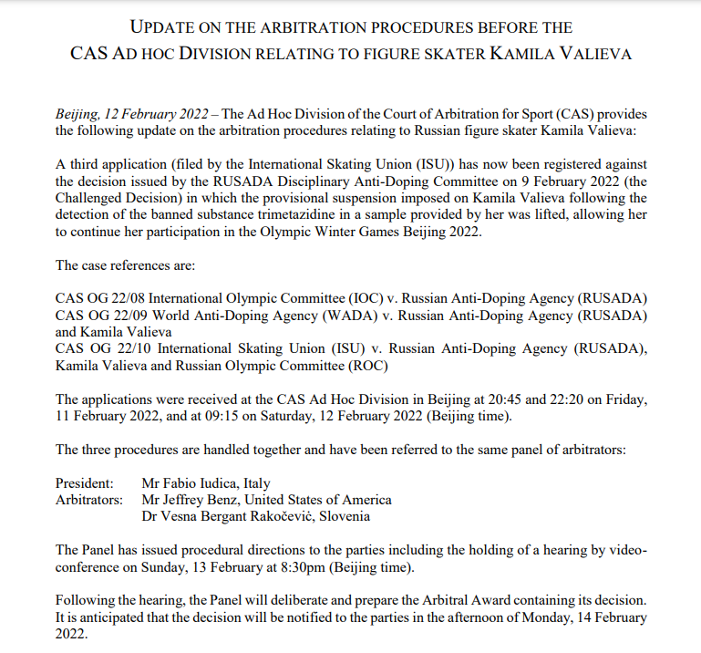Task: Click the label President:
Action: coord(85,482)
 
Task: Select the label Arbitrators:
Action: coord(89,500)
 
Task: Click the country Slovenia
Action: coord(344,516)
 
